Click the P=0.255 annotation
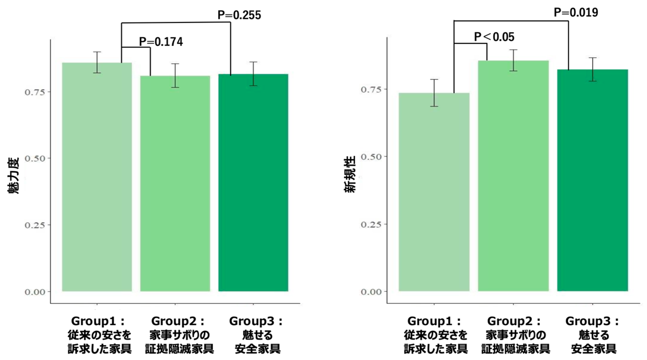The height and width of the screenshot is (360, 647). pos(239,15)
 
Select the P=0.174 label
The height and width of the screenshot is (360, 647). pos(161,42)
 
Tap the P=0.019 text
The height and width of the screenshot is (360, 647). pos(576,12)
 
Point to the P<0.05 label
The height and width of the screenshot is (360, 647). pos(494,37)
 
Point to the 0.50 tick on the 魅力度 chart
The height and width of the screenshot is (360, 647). pos(35,158)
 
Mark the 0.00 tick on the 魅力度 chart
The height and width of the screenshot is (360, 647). pos(35,291)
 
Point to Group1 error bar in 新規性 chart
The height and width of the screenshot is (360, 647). pos(434,93)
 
